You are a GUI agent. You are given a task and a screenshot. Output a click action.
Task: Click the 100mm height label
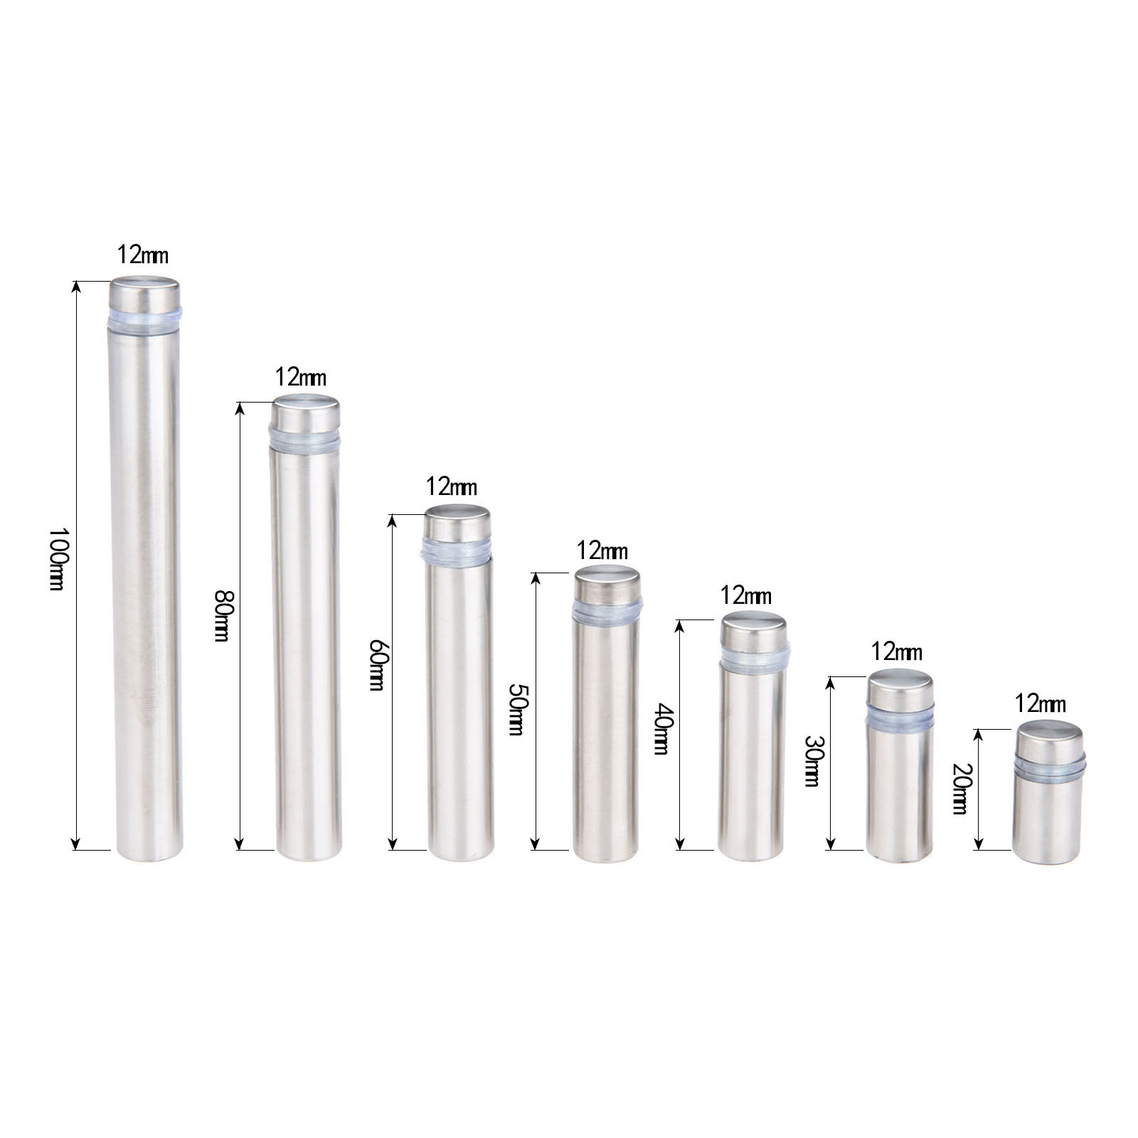tap(57, 559)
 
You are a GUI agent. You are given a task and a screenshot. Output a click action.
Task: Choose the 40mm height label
tap(661, 728)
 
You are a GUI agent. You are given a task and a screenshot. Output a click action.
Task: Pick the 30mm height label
tap(812, 760)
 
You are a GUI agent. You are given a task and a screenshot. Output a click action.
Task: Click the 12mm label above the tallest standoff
tap(143, 254)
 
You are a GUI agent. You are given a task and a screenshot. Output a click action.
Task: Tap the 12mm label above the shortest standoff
tap(1041, 703)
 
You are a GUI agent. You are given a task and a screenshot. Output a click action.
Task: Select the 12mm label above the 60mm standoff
tap(452, 486)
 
